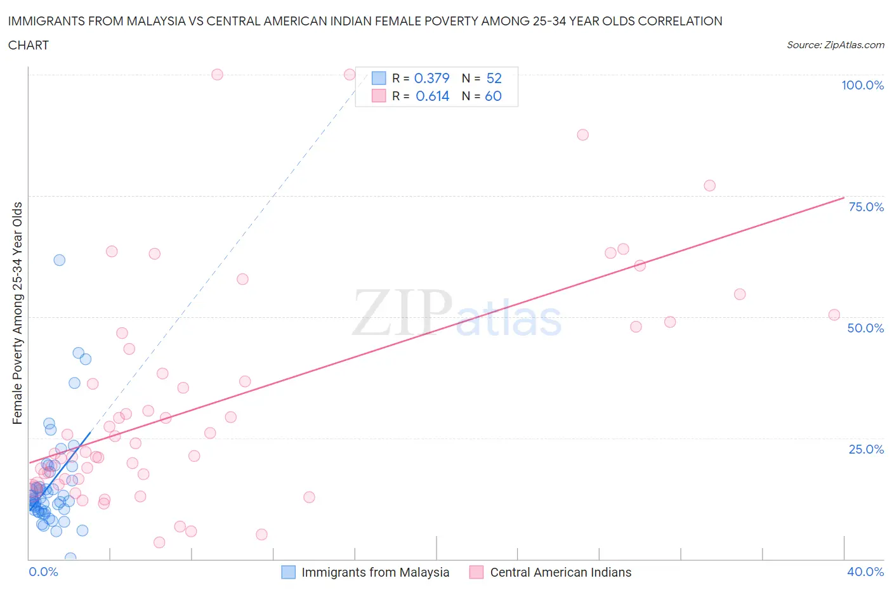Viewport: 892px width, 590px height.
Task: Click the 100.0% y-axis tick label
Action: (x=862, y=85)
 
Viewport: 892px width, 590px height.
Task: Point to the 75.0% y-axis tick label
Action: (x=866, y=207)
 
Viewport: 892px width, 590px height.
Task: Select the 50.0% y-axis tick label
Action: (x=865, y=328)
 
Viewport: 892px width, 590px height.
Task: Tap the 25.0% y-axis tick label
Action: (x=866, y=449)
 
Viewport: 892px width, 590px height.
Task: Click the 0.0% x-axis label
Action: (x=43, y=572)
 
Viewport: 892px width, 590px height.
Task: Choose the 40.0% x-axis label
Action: (x=865, y=572)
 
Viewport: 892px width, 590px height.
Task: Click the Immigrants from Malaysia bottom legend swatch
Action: (x=289, y=572)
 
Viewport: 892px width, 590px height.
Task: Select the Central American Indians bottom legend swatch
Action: (x=476, y=572)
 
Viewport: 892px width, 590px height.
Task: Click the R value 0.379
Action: (x=431, y=78)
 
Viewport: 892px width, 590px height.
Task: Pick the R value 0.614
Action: (x=432, y=96)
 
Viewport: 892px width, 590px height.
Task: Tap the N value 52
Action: (x=494, y=78)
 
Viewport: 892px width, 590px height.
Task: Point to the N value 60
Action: (x=493, y=96)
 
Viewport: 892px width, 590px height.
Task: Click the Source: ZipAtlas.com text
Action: (x=835, y=45)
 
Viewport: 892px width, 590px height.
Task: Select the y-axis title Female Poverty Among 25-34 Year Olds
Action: (x=18, y=313)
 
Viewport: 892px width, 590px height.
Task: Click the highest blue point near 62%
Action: (x=60, y=260)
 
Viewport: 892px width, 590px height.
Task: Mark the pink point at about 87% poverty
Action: (x=583, y=134)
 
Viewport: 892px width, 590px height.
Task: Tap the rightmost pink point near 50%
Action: (x=834, y=315)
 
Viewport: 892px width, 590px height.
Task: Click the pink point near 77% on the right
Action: (x=710, y=186)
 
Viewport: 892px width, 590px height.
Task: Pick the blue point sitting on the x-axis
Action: (x=70, y=558)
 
